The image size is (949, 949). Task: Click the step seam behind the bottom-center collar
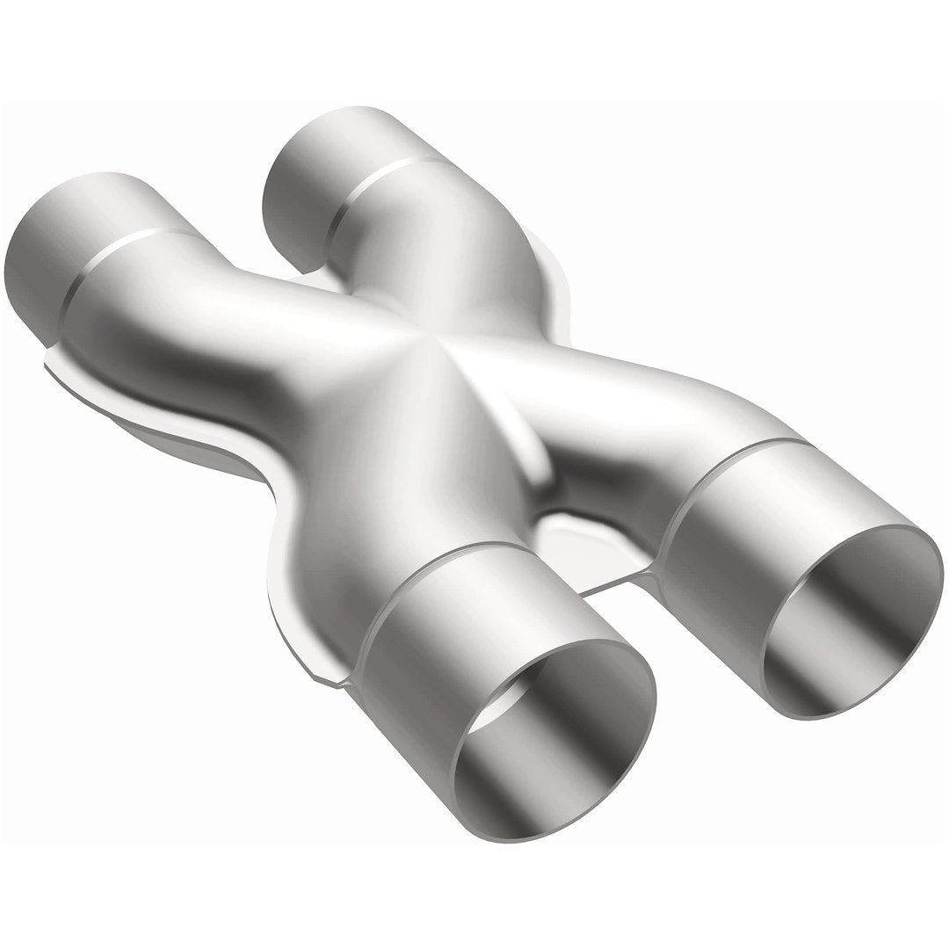[x=387, y=606]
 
